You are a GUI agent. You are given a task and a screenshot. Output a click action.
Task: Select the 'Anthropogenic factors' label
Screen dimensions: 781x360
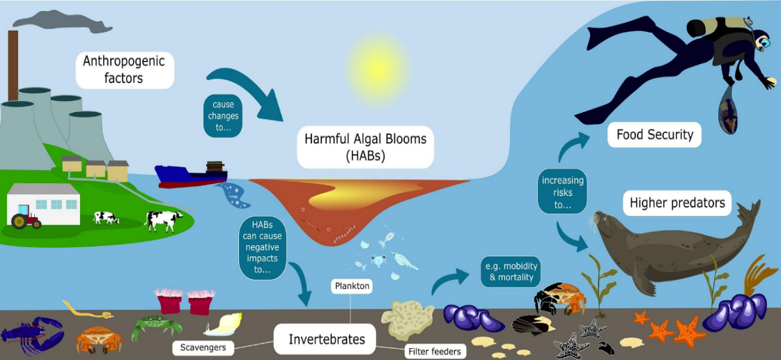tap(125, 70)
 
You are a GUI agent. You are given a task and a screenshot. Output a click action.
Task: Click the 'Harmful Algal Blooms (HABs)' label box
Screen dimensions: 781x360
tap(366, 146)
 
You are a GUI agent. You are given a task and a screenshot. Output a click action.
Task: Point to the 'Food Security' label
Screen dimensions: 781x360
tap(654, 134)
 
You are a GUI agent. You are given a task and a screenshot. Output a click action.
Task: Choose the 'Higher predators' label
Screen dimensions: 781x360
tap(677, 203)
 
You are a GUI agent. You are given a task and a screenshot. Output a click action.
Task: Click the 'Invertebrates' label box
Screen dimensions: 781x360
tap(327, 340)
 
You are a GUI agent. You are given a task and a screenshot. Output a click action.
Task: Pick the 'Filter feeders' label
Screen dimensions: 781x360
tap(434, 351)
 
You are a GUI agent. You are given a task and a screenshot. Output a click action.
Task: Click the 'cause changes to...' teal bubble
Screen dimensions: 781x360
tap(223, 116)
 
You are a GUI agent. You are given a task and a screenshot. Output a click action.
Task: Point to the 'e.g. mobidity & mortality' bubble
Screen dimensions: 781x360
tap(511, 272)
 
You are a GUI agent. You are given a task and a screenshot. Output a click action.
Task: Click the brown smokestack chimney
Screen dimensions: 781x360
tap(13, 65)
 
